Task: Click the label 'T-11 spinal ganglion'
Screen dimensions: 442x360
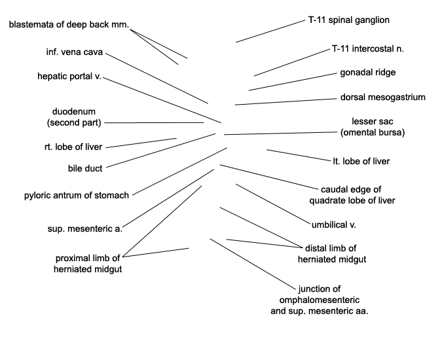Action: pyautogui.click(x=349, y=20)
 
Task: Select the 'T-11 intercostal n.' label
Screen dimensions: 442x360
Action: pyautogui.click(x=368, y=48)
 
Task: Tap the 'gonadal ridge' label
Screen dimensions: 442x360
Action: pyautogui.click(x=368, y=73)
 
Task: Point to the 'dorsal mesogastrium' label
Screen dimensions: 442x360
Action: pyautogui.click(x=383, y=97)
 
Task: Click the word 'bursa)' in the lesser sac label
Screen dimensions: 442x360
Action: pyautogui.click(x=392, y=132)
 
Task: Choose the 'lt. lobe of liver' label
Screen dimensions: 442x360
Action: pyautogui.click(x=361, y=161)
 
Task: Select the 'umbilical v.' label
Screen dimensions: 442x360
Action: pyautogui.click(x=334, y=225)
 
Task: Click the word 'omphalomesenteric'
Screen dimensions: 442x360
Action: pyautogui.click(x=320, y=300)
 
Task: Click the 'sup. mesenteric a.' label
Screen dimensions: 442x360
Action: pyautogui.click(x=85, y=228)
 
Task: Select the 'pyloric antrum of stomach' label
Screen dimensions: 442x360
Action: pyautogui.click(x=77, y=195)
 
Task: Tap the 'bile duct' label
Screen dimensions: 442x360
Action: pyautogui.click(x=85, y=168)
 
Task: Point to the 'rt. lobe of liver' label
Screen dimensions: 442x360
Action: pyautogui.click(x=73, y=147)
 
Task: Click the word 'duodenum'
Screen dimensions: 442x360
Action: pyautogui.click(x=74, y=111)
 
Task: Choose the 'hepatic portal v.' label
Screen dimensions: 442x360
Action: pyautogui.click(x=69, y=77)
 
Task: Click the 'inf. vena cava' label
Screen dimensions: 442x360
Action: pyautogui.click(x=75, y=52)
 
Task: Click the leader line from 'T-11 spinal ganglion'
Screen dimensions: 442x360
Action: pyautogui.click(x=270, y=31)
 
